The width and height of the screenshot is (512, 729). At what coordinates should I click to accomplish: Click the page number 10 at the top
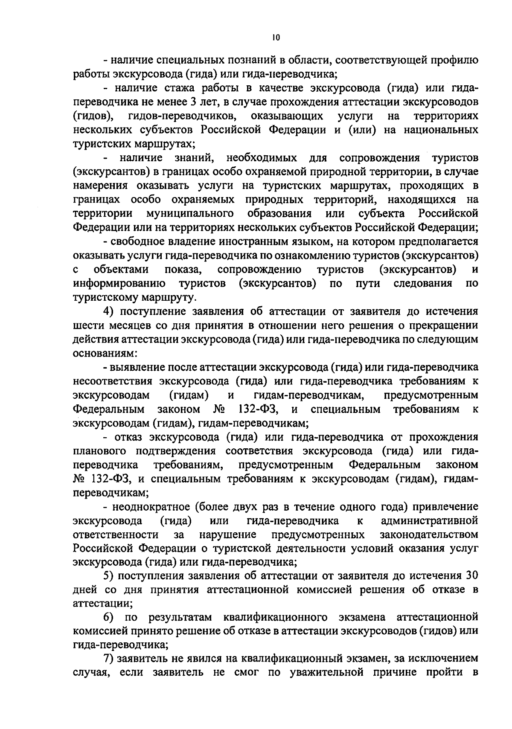click(x=275, y=38)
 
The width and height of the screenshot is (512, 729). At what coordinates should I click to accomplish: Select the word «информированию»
click(x=119, y=283)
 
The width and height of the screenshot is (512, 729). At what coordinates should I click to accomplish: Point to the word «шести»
click(x=88, y=325)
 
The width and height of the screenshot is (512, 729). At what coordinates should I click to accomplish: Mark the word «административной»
click(x=428, y=521)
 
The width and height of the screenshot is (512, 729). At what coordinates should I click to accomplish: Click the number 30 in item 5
click(x=470, y=576)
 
